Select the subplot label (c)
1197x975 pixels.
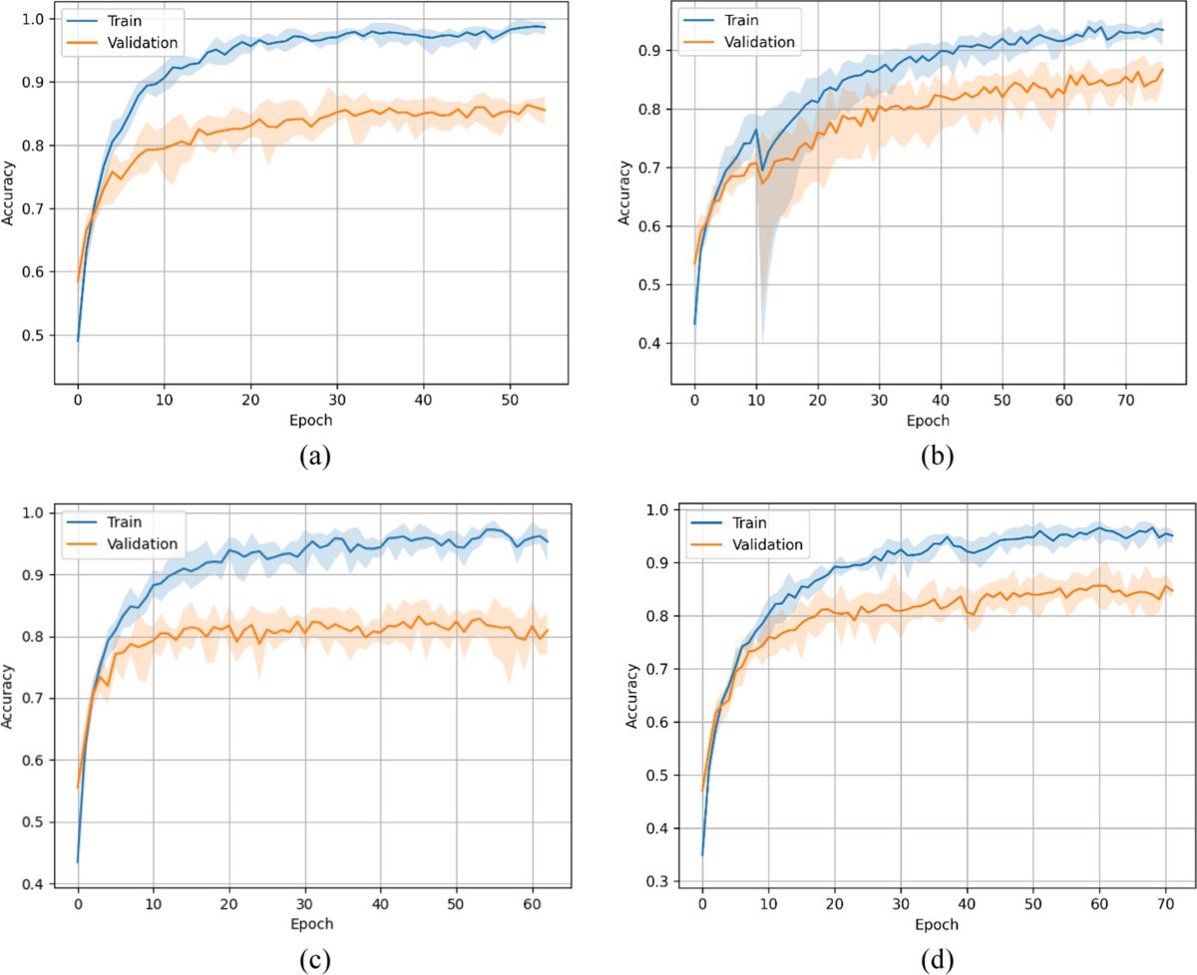[314, 959]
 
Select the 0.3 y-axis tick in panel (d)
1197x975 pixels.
[658, 881]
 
